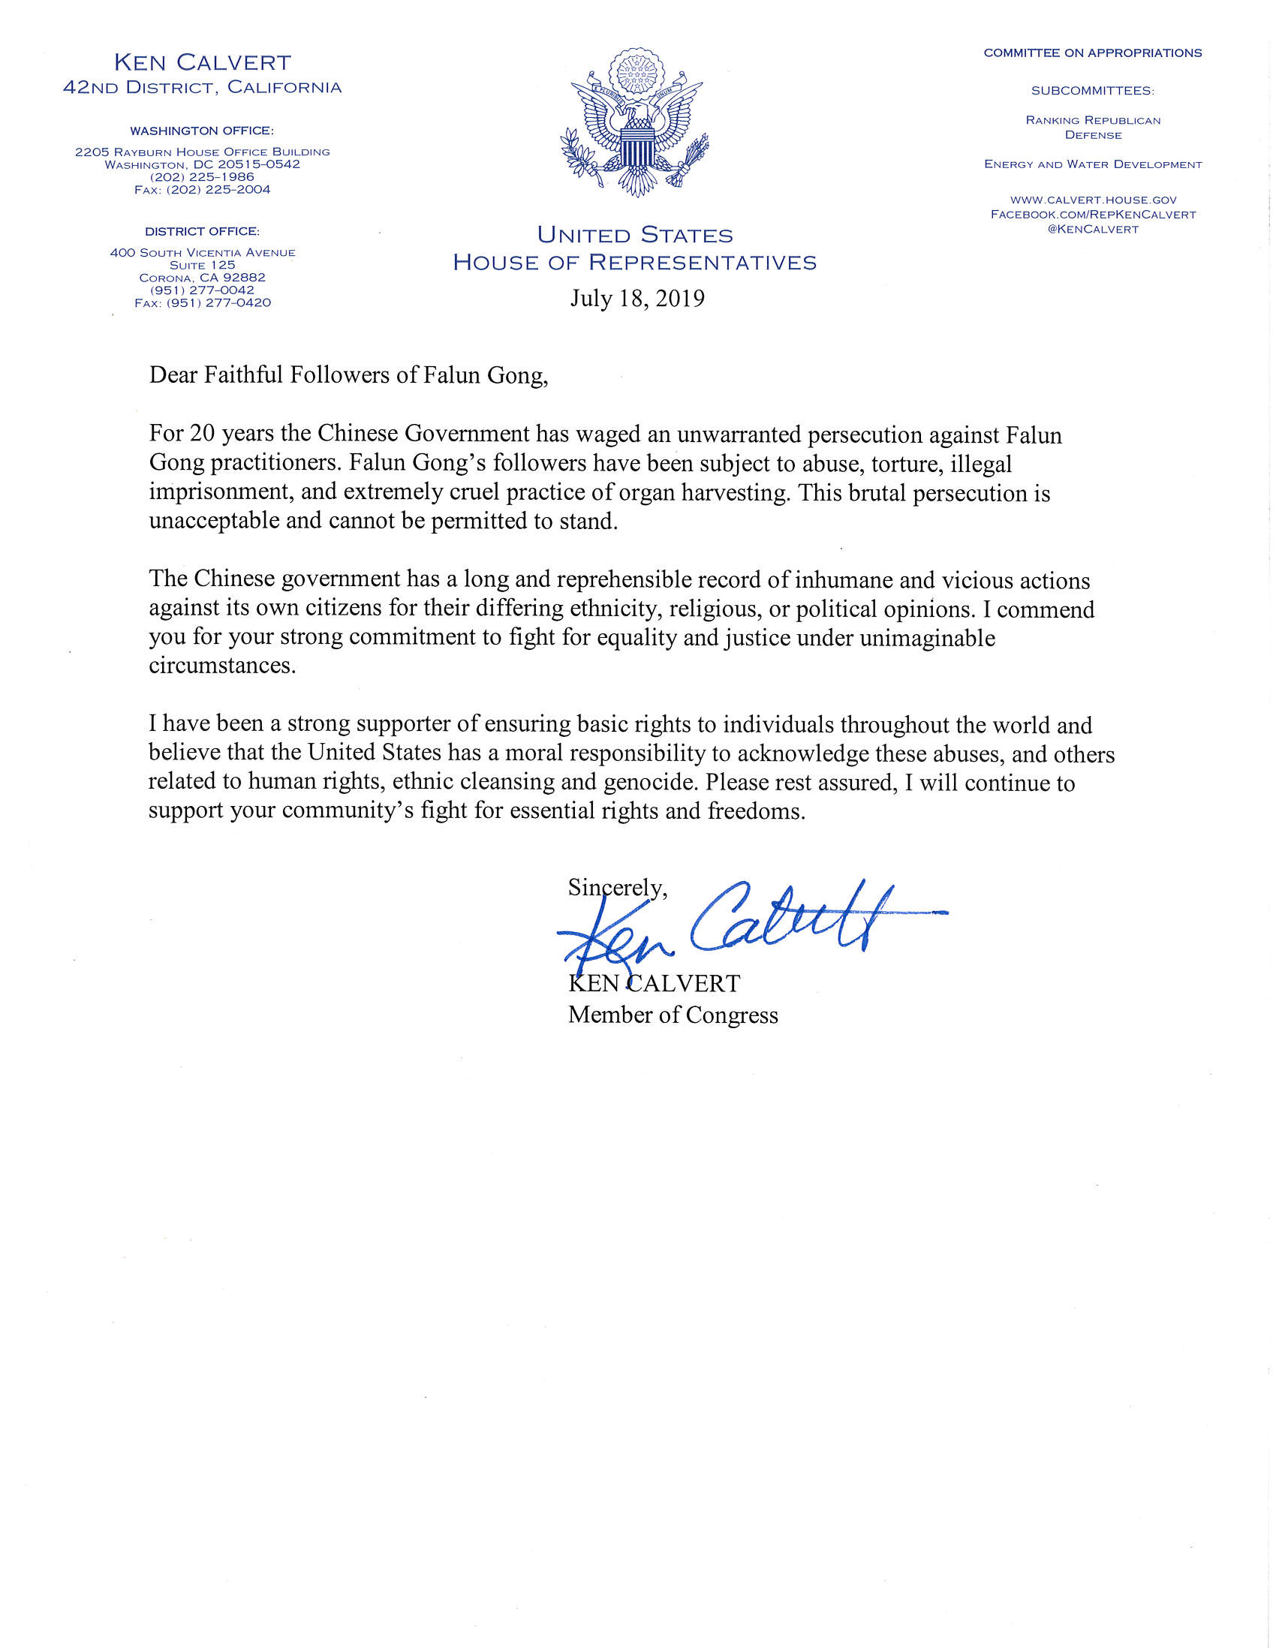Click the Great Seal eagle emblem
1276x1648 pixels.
[635, 125]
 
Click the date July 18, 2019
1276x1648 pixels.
[636, 299]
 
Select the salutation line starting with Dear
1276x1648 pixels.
[348, 375]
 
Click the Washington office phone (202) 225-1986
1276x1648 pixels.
[202, 177]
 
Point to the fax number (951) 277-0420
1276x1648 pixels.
[202, 303]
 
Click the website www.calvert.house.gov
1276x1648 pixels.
[1093, 200]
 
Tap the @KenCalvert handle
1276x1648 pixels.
[1093, 230]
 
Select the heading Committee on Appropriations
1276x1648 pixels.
[1093, 53]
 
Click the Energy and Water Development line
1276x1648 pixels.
[1093, 164]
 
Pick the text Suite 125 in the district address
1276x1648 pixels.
[202, 265]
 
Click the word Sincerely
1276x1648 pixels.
[617, 888]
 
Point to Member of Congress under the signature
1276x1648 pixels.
[673, 1015]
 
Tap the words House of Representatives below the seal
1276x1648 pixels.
[634, 263]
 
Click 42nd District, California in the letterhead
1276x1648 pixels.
[202, 88]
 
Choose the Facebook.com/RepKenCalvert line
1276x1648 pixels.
[1093, 215]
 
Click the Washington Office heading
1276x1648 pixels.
[202, 131]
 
